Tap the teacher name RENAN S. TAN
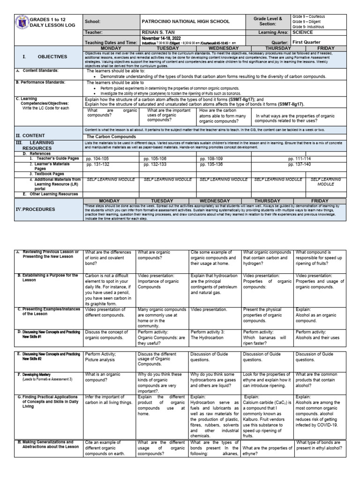(x=159, y=32)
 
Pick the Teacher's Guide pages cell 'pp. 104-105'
(x=97, y=159)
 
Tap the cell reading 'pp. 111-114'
(x=300, y=159)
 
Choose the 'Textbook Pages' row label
(x=50, y=173)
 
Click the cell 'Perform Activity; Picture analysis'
(x=101, y=357)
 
